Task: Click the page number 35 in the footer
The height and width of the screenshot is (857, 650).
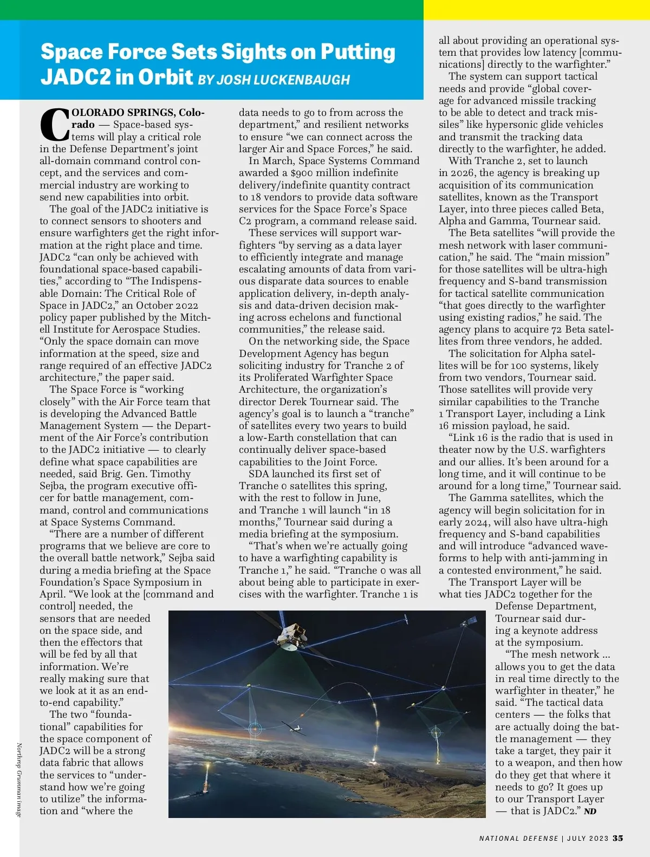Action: (617, 838)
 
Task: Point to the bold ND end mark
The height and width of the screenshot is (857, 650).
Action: (590, 811)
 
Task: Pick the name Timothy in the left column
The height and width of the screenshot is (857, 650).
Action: (172, 474)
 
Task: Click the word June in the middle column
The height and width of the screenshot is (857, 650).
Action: (368, 498)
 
